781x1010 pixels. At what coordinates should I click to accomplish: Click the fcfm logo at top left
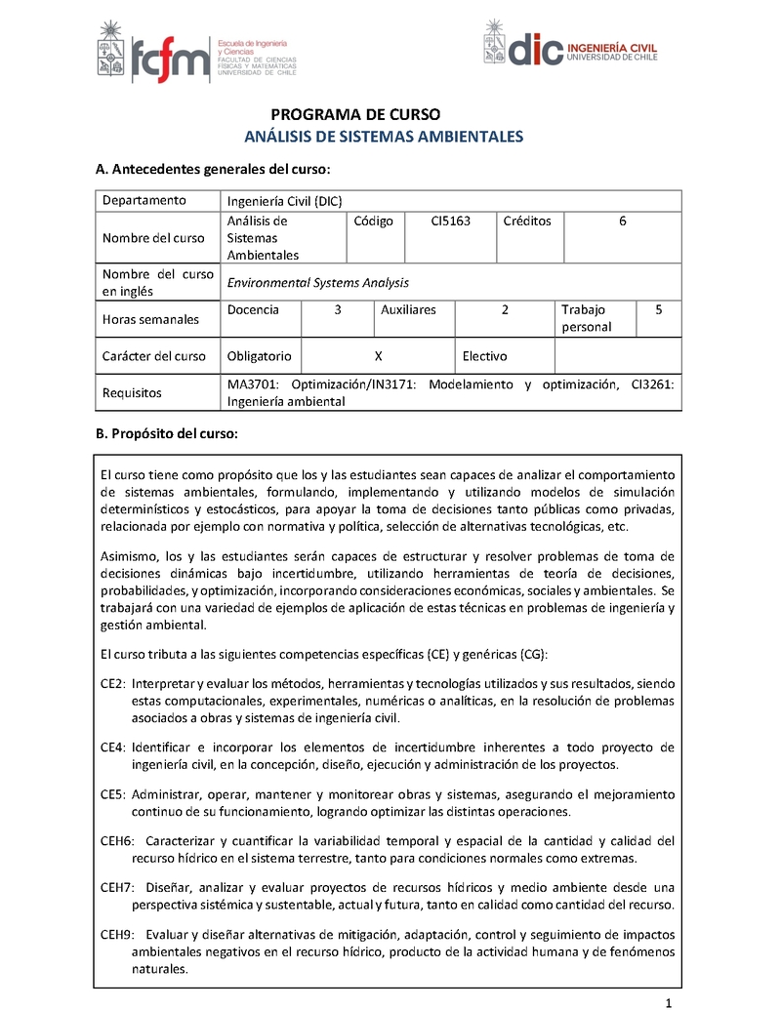tap(195, 49)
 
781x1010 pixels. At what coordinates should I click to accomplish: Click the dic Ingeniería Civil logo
tap(570, 45)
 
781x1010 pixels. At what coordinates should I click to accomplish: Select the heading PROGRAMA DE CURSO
tap(355, 114)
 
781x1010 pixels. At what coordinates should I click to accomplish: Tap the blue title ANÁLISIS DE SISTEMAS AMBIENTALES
tap(383, 137)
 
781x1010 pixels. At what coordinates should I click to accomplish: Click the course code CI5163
tap(451, 222)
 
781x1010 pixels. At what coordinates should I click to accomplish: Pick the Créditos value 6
tap(623, 222)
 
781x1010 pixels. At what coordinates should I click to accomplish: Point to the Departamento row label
tap(144, 200)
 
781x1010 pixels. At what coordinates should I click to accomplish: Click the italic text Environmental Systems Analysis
tap(317, 283)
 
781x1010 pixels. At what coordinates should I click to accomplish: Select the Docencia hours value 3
tap(338, 309)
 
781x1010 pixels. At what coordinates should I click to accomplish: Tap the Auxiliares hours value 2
tap(505, 309)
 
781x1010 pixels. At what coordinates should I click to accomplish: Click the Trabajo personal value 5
tap(659, 309)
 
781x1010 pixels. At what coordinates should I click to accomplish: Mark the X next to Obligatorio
tap(378, 356)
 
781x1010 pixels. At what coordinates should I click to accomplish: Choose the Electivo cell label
tap(484, 356)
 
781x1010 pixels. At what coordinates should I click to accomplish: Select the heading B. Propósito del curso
tap(166, 433)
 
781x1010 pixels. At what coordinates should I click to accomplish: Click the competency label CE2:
tap(113, 684)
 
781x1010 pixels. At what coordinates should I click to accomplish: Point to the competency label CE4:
tap(113, 747)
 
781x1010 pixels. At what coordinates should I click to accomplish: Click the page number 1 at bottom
tap(668, 1003)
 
